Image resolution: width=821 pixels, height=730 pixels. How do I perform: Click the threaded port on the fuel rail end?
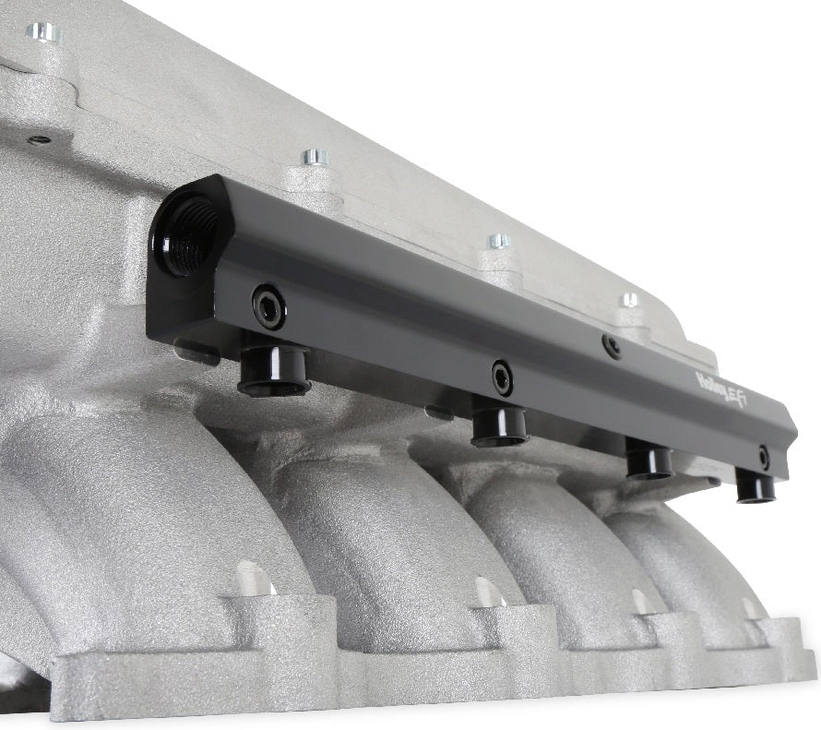pyautogui.click(x=189, y=233)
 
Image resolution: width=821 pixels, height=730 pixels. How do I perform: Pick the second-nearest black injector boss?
pyautogui.click(x=499, y=425)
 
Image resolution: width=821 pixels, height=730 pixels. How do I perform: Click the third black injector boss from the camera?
pyautogui.click(x=649, y=459)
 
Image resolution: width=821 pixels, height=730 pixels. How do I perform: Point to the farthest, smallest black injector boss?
pyautogui.click(x=756, y=485)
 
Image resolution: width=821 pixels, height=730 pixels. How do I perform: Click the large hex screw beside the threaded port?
pyautogui.click(x=269, y=306)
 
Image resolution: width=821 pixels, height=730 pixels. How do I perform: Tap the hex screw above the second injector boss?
pyautogui.click(x=502, y=376)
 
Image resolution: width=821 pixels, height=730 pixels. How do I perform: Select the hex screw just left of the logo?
pyautogui.click(x=611, y=346)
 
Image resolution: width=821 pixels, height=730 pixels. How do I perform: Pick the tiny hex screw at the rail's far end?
pyautogui.click(x=764, y=456)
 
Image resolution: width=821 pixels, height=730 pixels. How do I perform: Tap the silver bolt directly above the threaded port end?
pyautogui.click(x=315, y=157)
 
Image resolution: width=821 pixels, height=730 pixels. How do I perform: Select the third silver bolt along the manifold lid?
pyautogui.click(x=498, y=241)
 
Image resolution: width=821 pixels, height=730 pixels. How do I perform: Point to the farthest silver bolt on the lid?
pyautogui.click(x=629, y=299)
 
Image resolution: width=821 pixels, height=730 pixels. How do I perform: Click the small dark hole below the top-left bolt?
pyautogui.click(x=39, y=140)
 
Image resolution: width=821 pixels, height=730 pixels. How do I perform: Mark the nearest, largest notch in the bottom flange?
pyautogui.click(x=254, y=579)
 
